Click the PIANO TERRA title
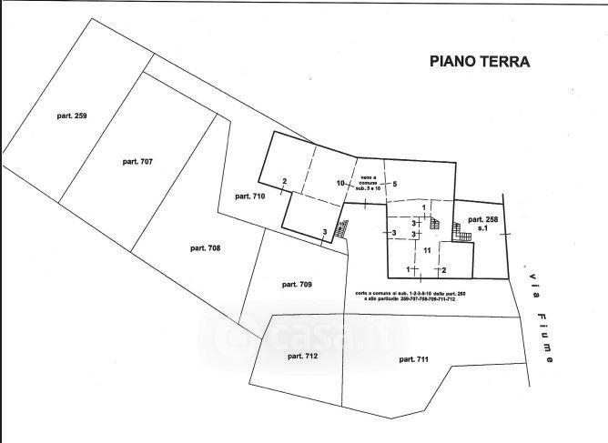479,62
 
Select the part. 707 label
137,161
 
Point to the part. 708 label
207,247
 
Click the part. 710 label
248,196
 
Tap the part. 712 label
301,357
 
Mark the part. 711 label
413,359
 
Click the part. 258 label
482,220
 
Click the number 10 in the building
340,183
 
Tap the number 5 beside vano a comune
395,184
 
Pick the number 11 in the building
424,249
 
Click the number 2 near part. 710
285,182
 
